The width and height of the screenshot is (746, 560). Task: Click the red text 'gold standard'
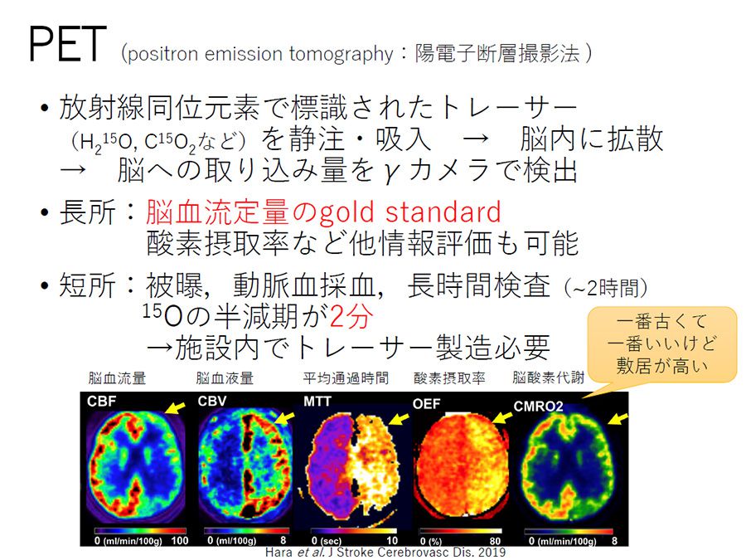pyautogui.click(x=410, y=212)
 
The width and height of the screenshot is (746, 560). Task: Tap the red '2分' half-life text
pyautogui.click(x=351, y=316)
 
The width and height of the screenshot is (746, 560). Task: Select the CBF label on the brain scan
pyautogui.click(x=101, y=402)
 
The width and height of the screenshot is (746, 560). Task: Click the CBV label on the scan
pyautogui.click(x=212, y=402)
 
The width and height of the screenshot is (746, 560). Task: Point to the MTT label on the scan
pyautogui.click(x=317, y=402)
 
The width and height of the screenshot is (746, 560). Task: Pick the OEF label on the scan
pyautogui.click(x=426, y=404)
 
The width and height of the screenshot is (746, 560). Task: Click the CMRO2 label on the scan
pyautogui.click(x=538, y=407)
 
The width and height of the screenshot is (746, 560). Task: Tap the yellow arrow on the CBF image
pyautogui.click(x=175, y=407)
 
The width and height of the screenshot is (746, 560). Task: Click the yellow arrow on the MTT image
pyautogui.click(x=399, y=419)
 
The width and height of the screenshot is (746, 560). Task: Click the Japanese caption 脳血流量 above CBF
pyautogui.click(x=117, y=378)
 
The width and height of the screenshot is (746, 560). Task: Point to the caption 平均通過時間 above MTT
pyautogui.click(x=346, y=378)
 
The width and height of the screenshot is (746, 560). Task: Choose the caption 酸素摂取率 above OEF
pyautogui.click(x=449, y=378)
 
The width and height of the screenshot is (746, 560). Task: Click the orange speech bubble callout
pyautogui.click(x=661, y=343)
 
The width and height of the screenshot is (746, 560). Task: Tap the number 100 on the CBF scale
pyautogui.click(x=180, y=541)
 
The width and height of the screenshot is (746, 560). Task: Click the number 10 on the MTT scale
pyautogui.click(x=392, y=541)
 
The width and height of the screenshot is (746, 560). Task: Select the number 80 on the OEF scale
pyautogui.click(x=495, y=541)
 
